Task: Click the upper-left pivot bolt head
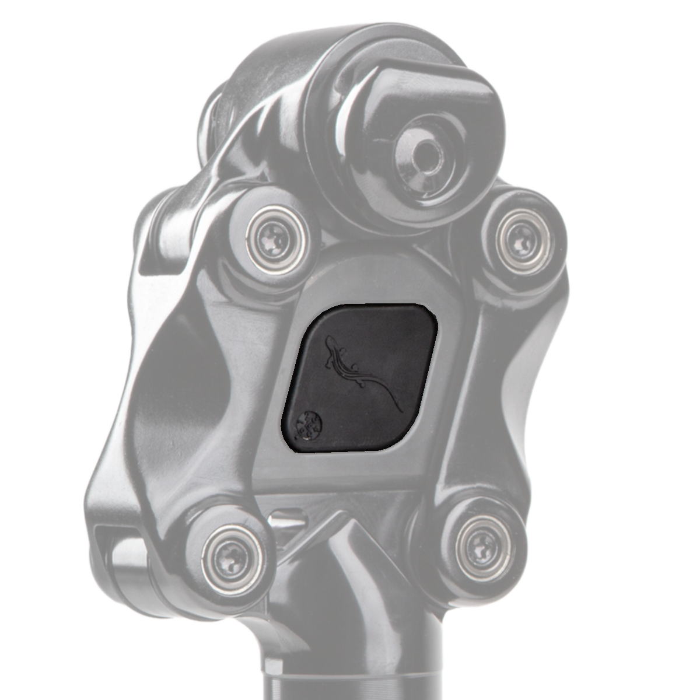pyautogui.click(x=274, y=239)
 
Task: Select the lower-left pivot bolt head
pyautogui.click(x=232, y=552)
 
